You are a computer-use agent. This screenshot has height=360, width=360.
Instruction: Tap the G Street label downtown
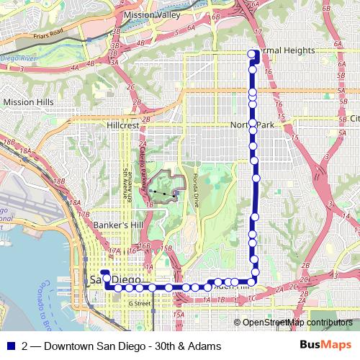[x=140, y=303]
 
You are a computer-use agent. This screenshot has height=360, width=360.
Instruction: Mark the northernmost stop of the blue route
[x=252, y=54]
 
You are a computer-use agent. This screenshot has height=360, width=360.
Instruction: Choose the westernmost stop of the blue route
[x=105, y=274]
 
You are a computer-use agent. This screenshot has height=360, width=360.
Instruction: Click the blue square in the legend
[x=12, y=345]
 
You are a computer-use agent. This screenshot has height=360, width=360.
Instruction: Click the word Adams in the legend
[x=204, y=345]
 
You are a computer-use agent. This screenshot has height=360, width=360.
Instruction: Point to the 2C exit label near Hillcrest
[x=132, y=88]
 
